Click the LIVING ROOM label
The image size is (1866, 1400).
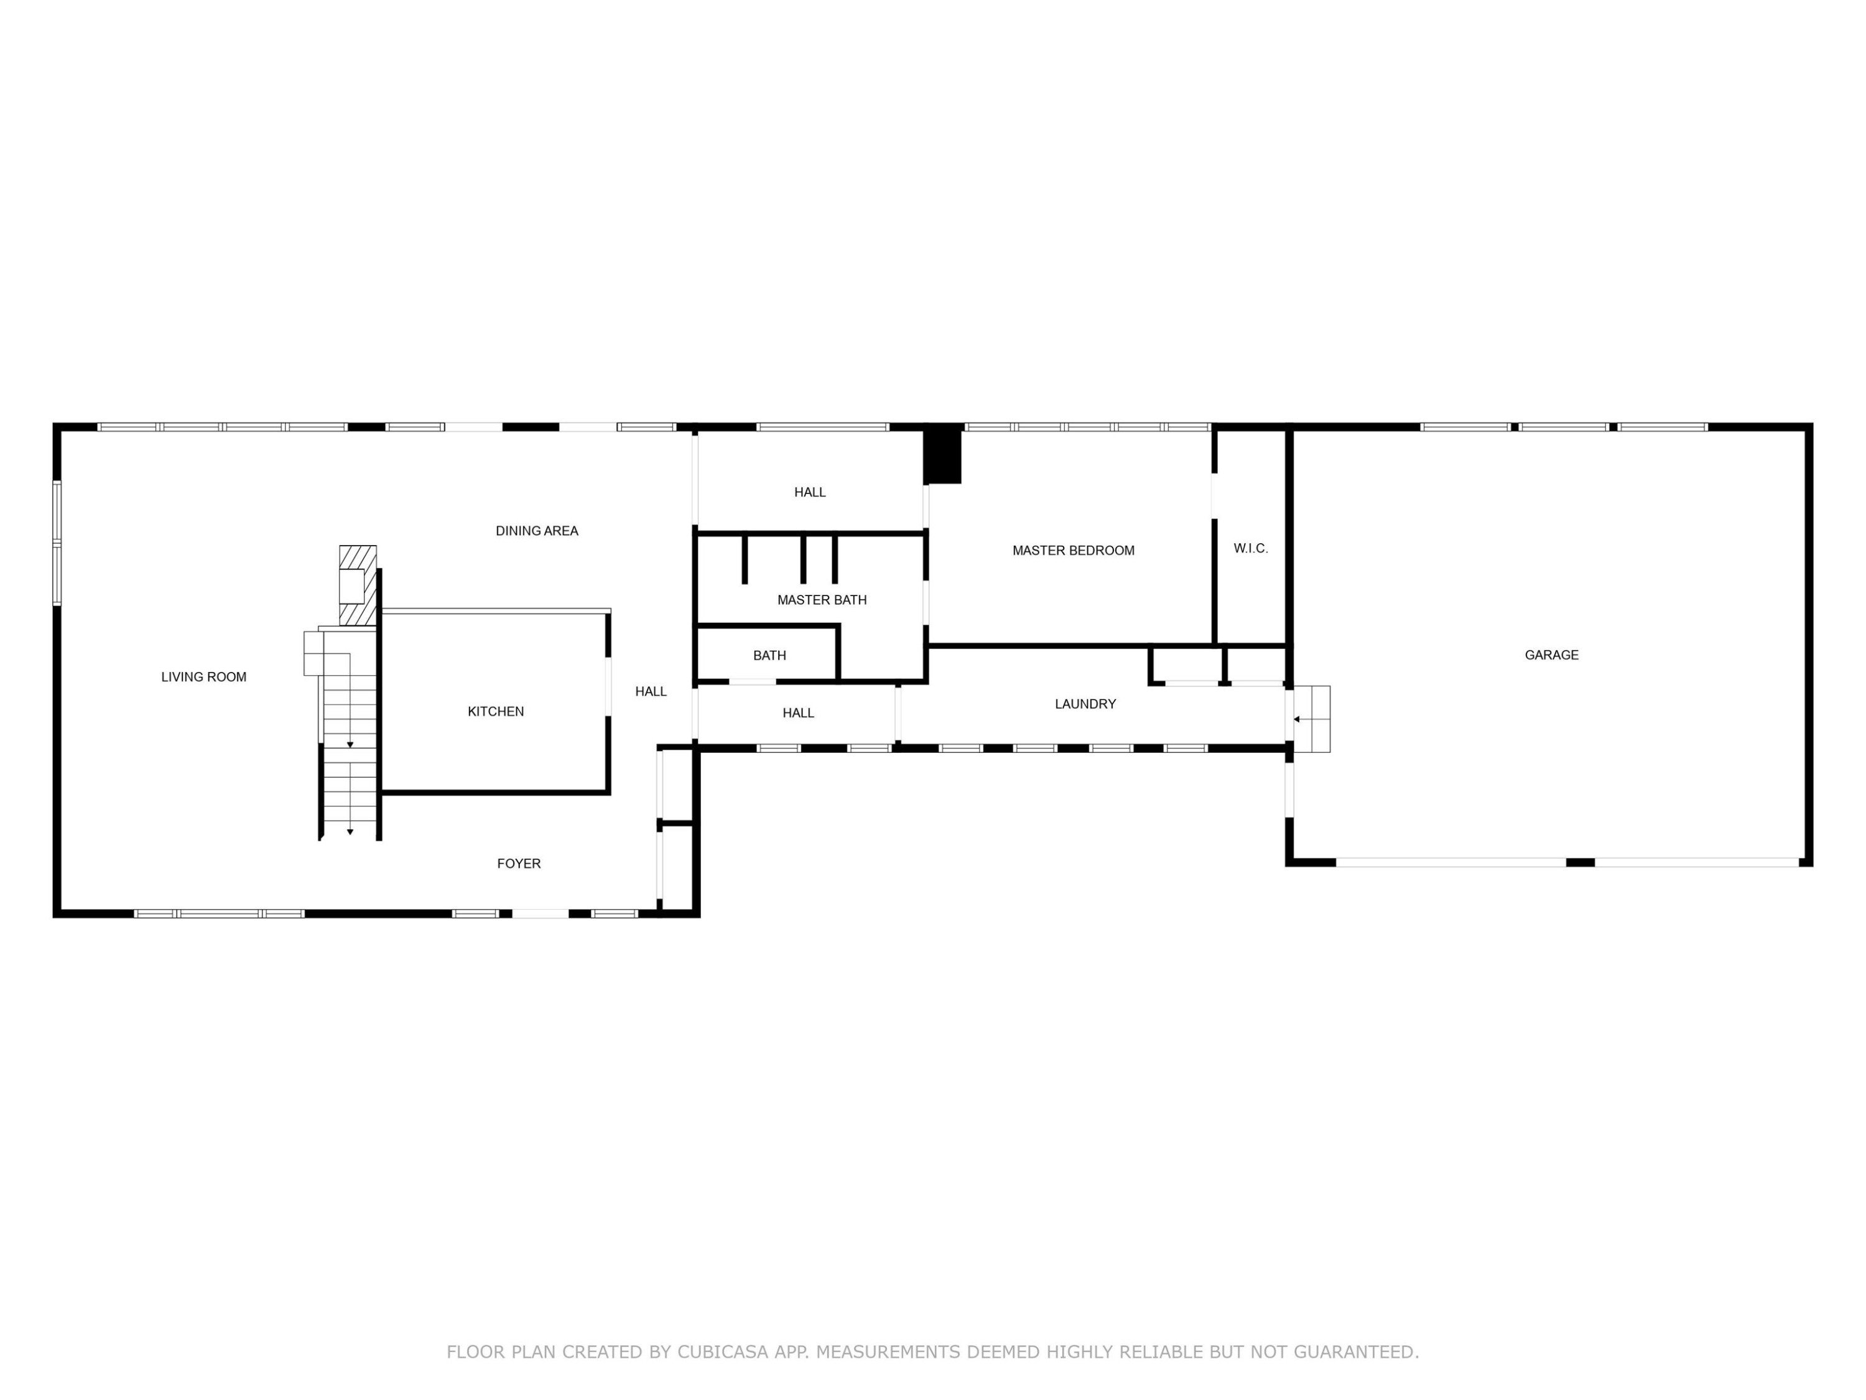click(204, 677)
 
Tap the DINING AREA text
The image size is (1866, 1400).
click(537, 531)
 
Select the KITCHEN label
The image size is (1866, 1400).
click(496, 711)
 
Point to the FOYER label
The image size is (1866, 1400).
click(519, 863)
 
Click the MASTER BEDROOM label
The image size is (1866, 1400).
click(1073, 550)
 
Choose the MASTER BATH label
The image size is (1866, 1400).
click(822, 600)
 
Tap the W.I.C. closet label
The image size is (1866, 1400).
click(1250, 549)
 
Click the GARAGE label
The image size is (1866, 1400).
click(1551, 655)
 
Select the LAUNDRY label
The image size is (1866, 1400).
click(1085, 704)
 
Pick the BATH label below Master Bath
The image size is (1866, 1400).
click(769, 656)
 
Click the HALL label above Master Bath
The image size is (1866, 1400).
click(810, 492)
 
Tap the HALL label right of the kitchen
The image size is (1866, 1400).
click(651, 691)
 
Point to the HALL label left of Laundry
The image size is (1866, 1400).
click(798, 713)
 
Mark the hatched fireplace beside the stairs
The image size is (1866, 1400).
click(358, 586)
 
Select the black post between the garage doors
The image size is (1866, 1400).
click(1580, 862)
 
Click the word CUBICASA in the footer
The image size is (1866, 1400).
click(723, 1352)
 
